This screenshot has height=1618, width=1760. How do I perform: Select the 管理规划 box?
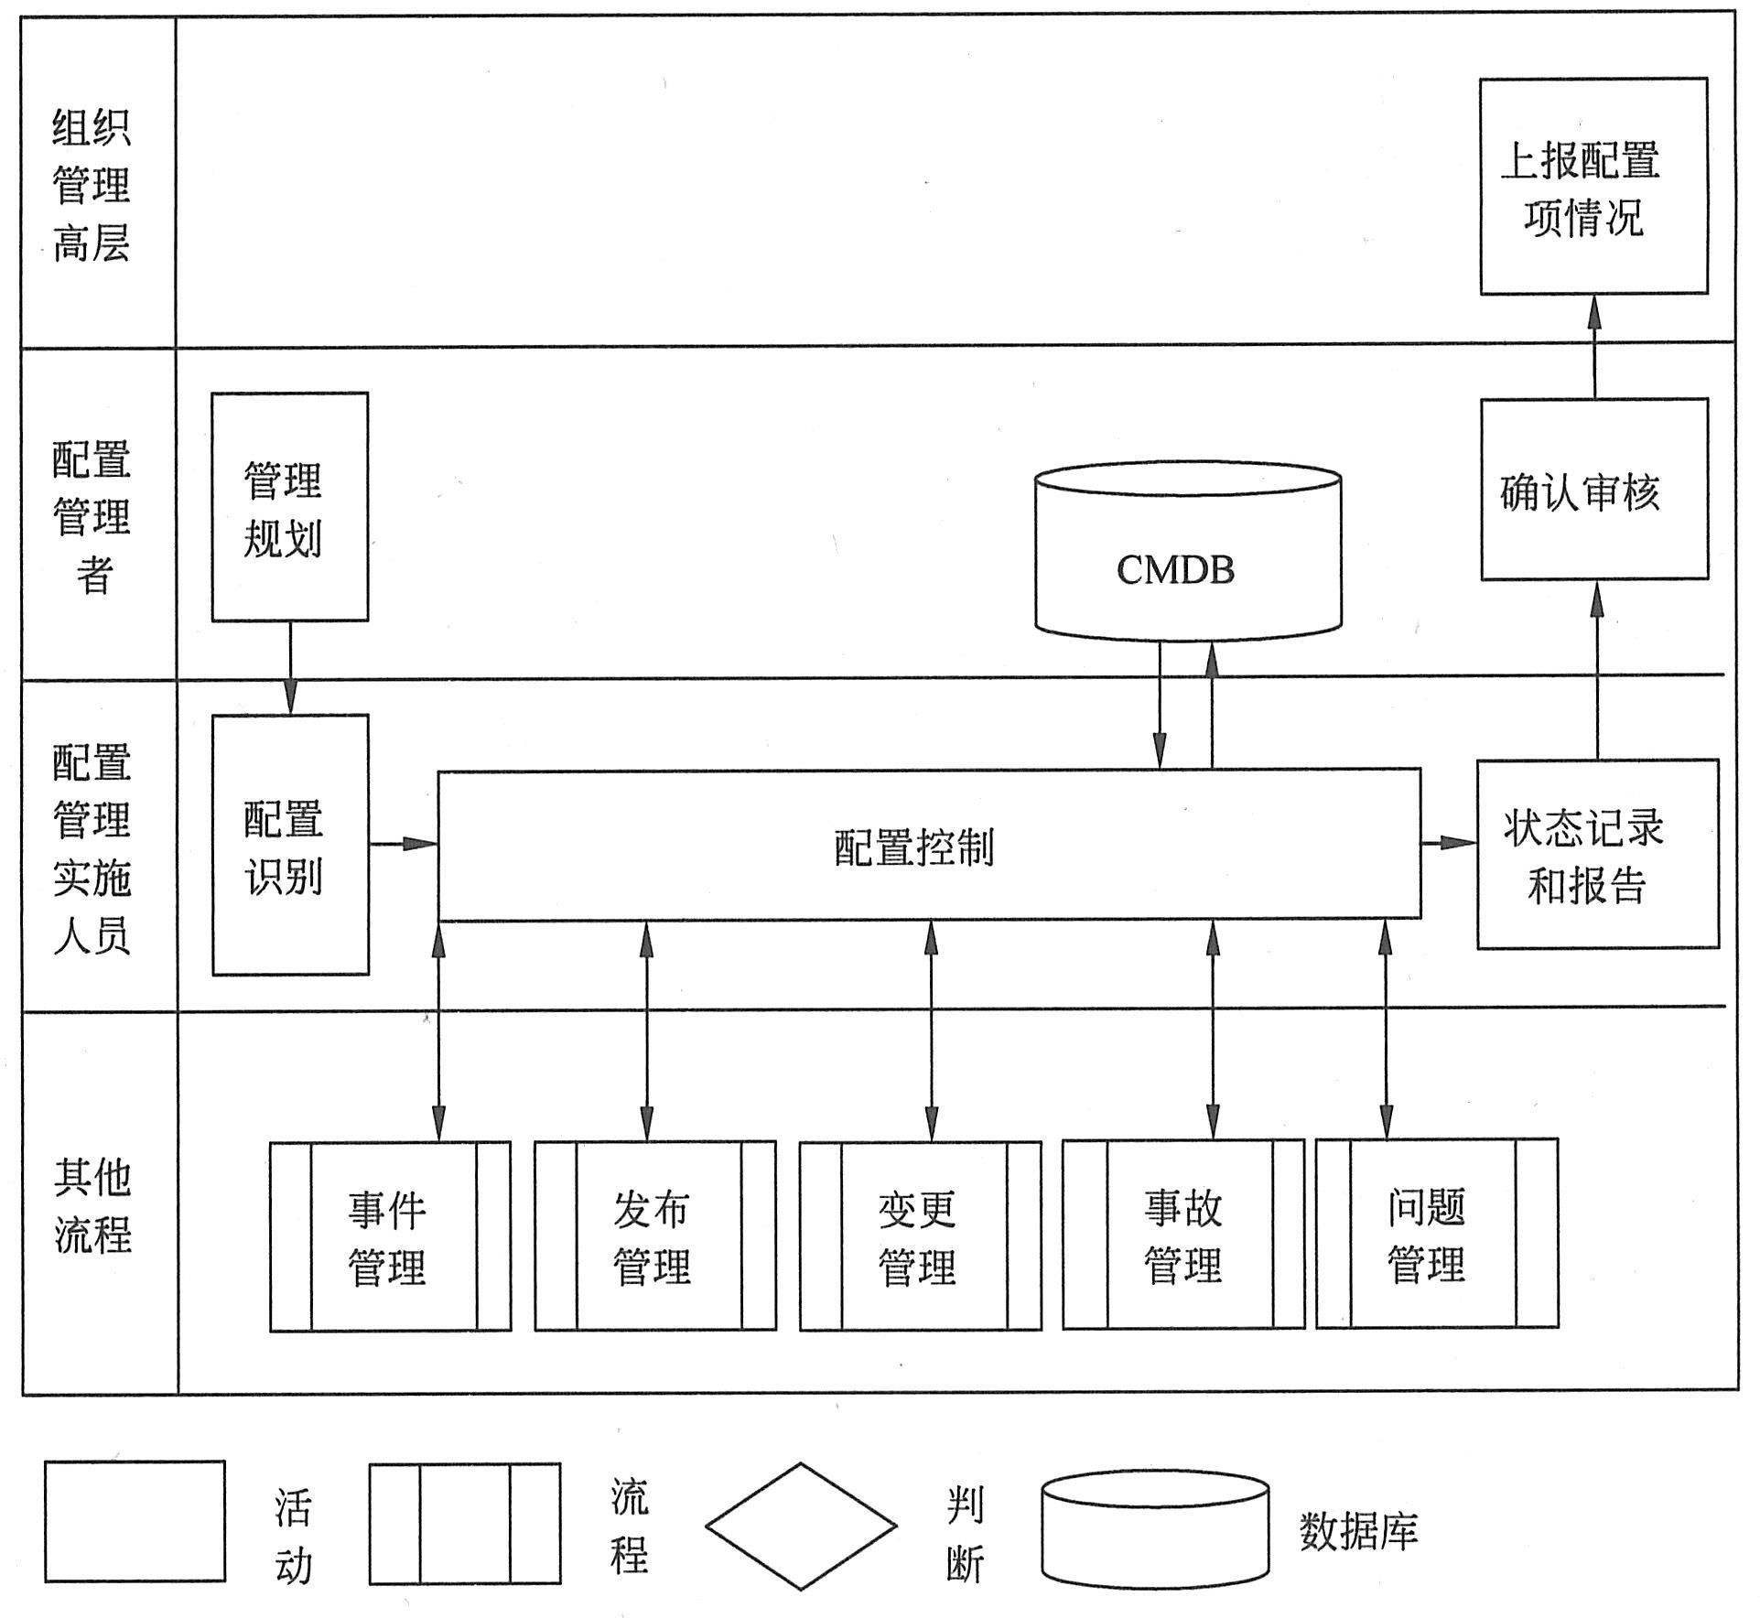tap(289, 507)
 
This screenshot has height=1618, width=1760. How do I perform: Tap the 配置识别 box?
tap(290, 845)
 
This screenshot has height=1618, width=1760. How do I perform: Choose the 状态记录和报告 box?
tap(1597, 854)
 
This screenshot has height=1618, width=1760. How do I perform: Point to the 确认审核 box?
tap(1594, 490)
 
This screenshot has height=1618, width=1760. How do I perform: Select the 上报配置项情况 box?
tap(1593, 186)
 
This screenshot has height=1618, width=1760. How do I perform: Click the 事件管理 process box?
tap(391, 1235)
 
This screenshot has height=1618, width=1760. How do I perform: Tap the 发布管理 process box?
tap(655, 1235)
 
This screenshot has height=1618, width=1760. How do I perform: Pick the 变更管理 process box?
tap(920, 1235)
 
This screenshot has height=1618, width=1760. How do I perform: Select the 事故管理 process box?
tap(1183, 1235)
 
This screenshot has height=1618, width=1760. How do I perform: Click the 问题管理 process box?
tap(1436, 1234)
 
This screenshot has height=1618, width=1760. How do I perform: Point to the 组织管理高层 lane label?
tap(92, 186)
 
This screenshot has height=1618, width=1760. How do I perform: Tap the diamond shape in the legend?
tap(801, 1526)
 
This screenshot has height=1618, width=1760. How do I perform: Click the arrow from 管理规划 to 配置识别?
tap(290, 667)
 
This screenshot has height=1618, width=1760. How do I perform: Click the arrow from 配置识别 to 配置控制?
tap(403, 843)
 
